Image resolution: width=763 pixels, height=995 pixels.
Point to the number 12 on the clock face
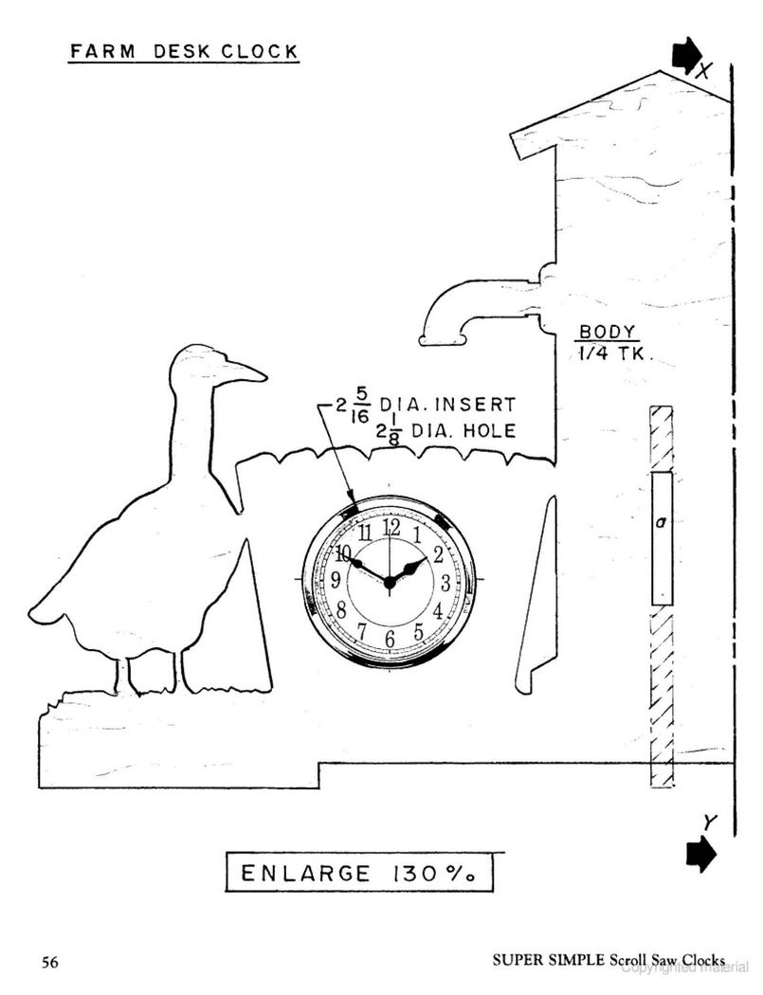(391, 527)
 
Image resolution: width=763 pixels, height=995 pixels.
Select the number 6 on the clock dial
(390, 639)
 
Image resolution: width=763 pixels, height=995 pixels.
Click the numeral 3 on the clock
(445, 582)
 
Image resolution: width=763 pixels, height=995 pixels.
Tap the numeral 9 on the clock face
(336, 579)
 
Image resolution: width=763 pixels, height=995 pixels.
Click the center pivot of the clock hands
(390, 583)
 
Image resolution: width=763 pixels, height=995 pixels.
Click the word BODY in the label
(608, 332)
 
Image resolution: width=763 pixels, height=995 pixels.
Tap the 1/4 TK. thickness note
(612, 353)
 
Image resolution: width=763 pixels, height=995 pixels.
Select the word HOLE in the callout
(489, 431)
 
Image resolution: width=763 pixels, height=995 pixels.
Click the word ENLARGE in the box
(305, 874)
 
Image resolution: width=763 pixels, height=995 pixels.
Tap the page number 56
(50, 962)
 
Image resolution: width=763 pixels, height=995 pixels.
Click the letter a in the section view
(662, 522)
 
